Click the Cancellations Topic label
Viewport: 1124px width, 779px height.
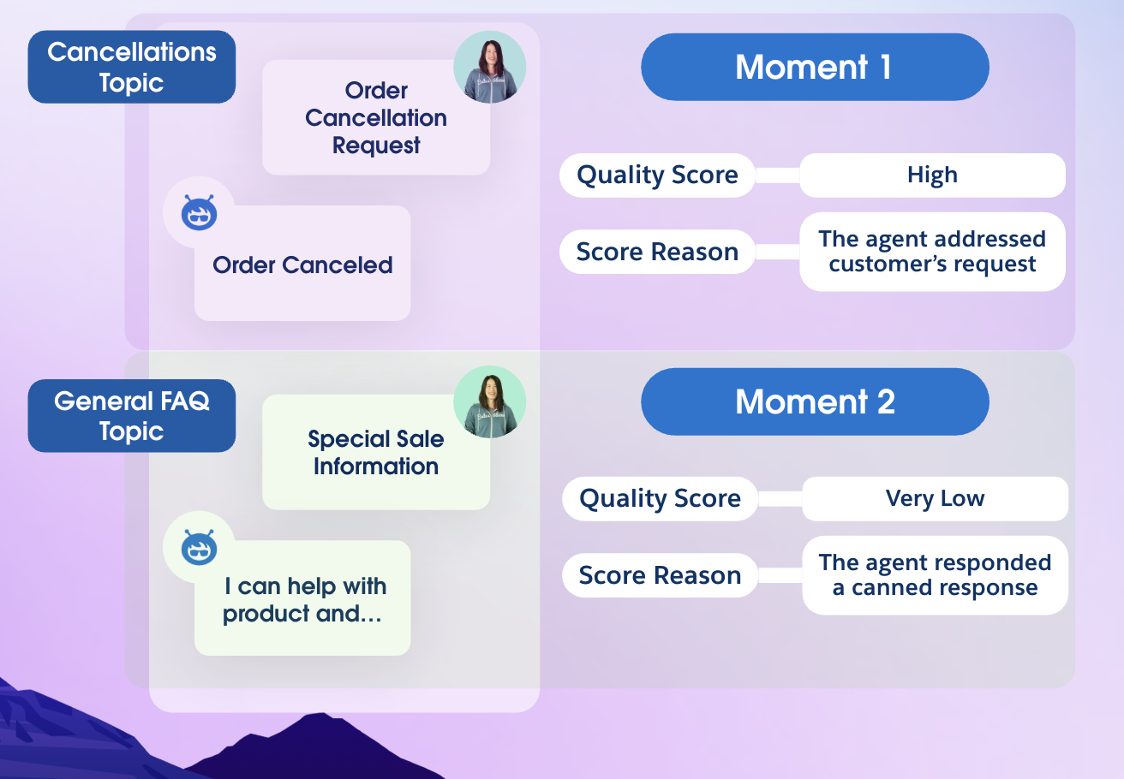tap(131, 67)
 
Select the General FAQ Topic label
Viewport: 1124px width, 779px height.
tap(131, 416)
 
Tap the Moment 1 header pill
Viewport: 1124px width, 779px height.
tap(815, 67)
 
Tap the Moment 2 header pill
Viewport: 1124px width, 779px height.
tap(815, 401)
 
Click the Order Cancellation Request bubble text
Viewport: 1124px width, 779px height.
tap(376, 118)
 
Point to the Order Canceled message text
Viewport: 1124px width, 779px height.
tap(302, 265)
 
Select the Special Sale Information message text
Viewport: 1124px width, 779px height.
tap(376, 453)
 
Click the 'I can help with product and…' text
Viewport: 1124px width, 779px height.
tap(305, 599)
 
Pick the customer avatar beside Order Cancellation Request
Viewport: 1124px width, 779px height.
tap(490, 67)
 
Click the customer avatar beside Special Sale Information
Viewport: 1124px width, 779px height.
tap(490, 402)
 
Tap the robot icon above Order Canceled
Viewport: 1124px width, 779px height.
tap(200, 212)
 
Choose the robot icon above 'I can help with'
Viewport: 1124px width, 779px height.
tap(200, 547)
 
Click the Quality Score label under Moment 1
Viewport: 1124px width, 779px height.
tap(657, 175)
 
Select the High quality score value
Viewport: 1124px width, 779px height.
tap(932, 175)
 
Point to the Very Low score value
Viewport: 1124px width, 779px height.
tap(936, 499)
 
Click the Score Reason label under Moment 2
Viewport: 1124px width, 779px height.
tap(660, 575)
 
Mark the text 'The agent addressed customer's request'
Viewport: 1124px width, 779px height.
tap(932, 251)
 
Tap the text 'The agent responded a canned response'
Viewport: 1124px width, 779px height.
tap(936, 575)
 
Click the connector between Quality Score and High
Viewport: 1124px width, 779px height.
tap(777, 175)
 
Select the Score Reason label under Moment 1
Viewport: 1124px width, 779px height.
tap(657, 252)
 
